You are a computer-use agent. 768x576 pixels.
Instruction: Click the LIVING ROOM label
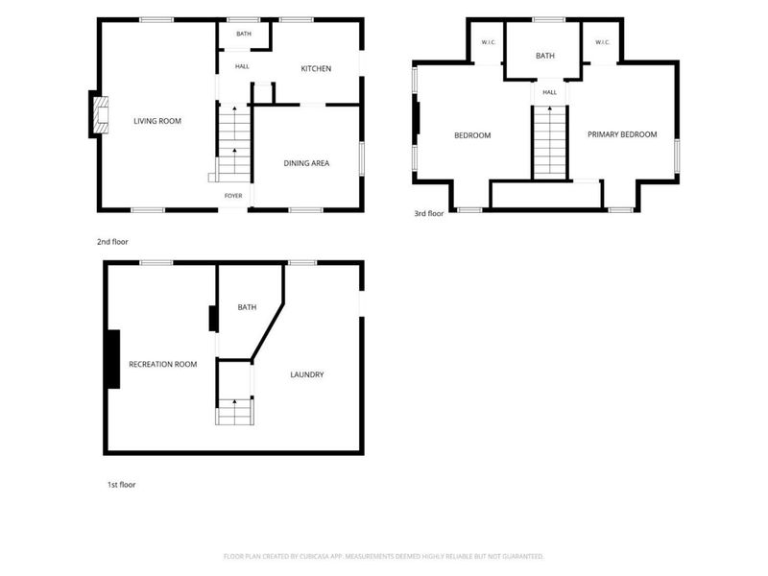click(x=157, y=121)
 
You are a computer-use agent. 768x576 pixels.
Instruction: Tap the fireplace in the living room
click(x=102, y=114)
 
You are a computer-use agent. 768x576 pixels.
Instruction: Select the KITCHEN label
click(x=316, y=68)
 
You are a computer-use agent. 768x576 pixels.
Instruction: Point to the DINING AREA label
click(x=306, y=163)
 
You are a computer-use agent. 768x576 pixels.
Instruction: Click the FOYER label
click(x=233, y=196)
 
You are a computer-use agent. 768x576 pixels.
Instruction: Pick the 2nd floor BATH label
click(x=244, y=34)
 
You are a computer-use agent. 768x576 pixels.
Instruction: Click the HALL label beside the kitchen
click(x=242, y=66)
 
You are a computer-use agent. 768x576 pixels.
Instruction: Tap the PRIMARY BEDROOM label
click(x=622, y=134)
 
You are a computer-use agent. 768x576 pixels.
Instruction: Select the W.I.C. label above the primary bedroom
click(x=603, y=42)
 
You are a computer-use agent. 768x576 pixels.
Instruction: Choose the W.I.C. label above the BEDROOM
click(x=489, y=42)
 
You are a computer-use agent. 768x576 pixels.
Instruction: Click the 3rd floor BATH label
click(x=545, y=56)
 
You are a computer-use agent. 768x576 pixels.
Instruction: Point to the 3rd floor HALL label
click(x=549, y=92)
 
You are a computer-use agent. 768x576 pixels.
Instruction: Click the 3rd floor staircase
click(x=549, y=142)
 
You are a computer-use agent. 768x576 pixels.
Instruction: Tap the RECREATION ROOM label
click(x=162, y=365)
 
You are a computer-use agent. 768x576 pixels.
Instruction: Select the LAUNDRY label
click(x=307, y=374)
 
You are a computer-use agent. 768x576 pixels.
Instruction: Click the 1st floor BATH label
click(x=247, y=307)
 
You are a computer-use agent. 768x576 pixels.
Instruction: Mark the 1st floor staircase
click(x=234, y=412)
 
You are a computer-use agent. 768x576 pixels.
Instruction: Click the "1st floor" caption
click(x=122, y=485)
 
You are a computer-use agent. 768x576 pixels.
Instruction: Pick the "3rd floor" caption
click(x=429, y=213)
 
